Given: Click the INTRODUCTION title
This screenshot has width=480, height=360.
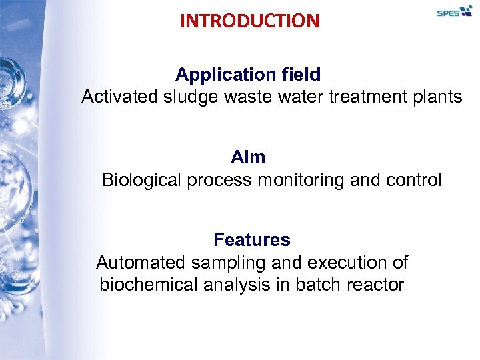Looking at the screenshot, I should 249,21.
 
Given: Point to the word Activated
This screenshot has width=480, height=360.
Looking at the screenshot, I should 119,97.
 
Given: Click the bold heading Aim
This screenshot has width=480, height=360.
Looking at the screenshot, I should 248,157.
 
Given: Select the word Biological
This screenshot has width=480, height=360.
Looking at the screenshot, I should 142,180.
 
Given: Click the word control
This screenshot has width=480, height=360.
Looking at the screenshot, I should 415,180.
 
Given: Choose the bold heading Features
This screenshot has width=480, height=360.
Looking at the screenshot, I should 252,239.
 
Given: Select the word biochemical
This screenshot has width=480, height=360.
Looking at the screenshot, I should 148,285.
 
